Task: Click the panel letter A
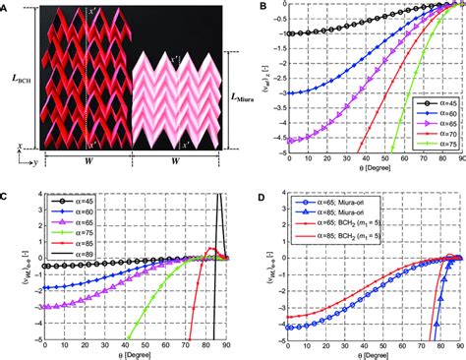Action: pyautogui.click(x=7, y=6)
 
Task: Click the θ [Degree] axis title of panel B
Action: pyautogui.click(x=364, y=173)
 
